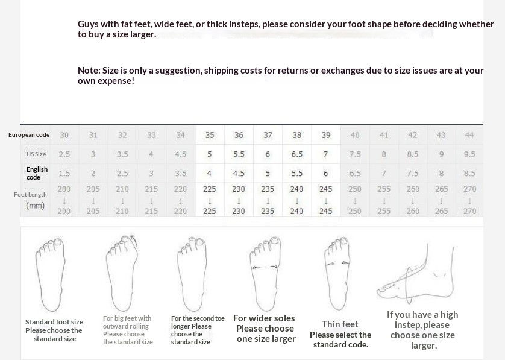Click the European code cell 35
(x=210, y=135)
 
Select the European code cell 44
(x=469, y=135)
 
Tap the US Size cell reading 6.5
(x=296, y=154)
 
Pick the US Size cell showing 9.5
(x=469, y=154)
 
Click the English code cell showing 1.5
(x=64, y=174)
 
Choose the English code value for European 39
(x=325, y=174)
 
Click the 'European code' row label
(x=29, y=135)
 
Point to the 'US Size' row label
(x=36, y=154)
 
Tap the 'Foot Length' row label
(x=30, y=194)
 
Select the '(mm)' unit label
(x=35, y=205)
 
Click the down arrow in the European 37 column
(x=268, y=201)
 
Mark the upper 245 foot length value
(x=325, y=189)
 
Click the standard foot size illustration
(x=50, y=274)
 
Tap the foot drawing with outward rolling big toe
(x=122, y=273)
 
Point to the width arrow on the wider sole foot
(x=265, y=267)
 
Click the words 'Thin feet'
(x=340, y=324)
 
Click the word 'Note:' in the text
(x=89, y=71)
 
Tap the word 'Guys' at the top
(x=88, y=24)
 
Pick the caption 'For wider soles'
(x=264, y=318)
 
